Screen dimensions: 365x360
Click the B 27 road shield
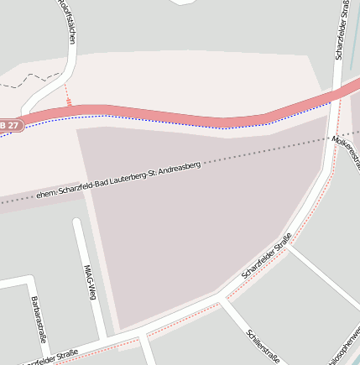click(x=9, y=125)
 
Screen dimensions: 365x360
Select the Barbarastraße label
click(x=38, y=319)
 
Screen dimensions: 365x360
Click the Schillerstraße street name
click(x=263, y=345)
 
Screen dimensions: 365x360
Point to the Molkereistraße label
click(x=346, y=150)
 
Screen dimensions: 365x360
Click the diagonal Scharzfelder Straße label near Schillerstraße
click(x=266, y=256)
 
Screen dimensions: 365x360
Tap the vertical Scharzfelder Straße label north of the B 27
click(x=342, y=30)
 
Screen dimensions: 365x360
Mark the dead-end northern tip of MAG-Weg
click(x=77, y=222)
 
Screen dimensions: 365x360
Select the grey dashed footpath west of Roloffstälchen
click(x=34, y=79)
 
